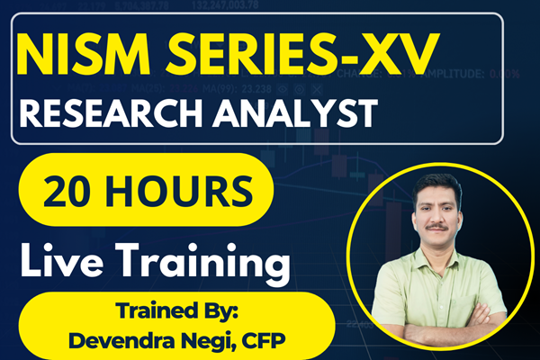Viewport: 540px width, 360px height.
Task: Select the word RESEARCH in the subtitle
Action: (x=112, y=115)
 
